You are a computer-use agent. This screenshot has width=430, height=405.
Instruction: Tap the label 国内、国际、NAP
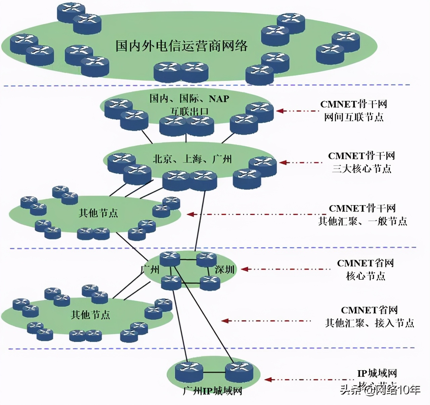189,99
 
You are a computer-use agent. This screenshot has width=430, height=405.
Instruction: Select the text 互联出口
189,111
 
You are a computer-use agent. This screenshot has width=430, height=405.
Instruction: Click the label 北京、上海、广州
192,159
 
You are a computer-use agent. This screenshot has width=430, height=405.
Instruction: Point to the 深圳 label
224,269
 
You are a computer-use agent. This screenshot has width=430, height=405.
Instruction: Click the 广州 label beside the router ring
150,269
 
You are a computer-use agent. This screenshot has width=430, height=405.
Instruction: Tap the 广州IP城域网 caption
212,391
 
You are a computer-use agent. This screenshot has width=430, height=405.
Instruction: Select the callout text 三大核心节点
361,169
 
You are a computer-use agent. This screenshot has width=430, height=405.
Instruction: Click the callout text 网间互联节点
353,117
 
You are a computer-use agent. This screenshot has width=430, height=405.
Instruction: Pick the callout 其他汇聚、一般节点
362,221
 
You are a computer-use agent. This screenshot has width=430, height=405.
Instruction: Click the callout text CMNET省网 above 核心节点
365,263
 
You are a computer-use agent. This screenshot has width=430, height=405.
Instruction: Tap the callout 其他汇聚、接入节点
369,323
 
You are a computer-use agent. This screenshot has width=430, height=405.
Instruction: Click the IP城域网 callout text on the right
377,373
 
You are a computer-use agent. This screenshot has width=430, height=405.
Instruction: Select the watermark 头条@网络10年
380,390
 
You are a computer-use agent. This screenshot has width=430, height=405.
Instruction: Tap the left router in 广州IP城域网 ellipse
189,372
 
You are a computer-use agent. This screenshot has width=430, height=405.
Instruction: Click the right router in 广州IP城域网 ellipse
239,372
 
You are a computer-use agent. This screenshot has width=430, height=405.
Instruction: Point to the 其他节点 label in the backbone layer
98,213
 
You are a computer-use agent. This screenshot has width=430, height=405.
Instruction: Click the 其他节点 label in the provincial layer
90,315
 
